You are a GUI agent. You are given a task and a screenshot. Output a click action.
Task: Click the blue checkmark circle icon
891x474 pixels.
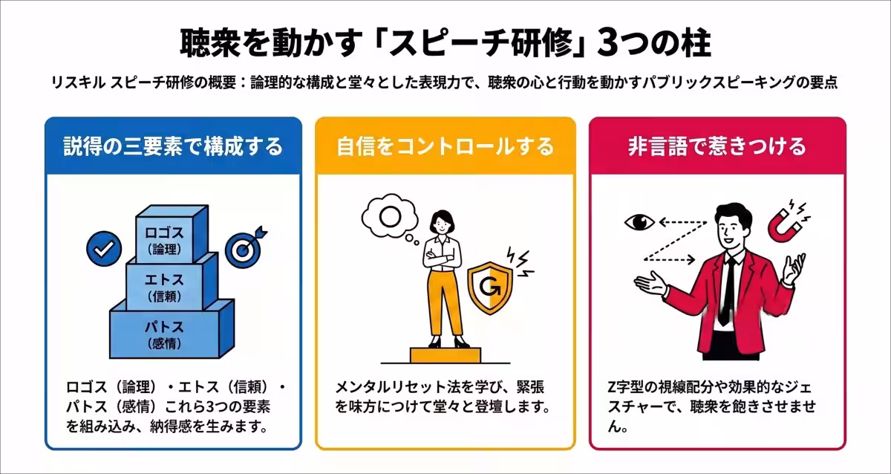click(104, 249)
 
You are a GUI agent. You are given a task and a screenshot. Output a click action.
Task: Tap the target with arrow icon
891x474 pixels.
click(244, 248)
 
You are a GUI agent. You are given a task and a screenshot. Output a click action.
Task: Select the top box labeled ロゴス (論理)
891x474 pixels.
click(171, 235)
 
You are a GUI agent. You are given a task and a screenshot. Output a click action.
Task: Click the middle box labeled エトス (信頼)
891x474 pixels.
click(172, 282)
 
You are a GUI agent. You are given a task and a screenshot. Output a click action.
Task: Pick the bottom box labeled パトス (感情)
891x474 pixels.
click(172, 331)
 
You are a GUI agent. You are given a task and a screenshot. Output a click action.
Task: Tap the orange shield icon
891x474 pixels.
click(489, 288)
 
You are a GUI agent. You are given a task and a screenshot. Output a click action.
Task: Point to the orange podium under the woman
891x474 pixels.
click(445, 355)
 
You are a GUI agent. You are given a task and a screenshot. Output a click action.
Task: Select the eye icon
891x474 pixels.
click(639, 222)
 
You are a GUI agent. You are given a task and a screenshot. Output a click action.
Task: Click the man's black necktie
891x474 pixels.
click(728, 290)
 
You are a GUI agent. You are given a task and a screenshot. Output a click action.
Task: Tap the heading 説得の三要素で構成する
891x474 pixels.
click(173, 146)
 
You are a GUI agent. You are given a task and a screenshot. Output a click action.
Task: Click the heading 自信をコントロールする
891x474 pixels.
click(445, 146)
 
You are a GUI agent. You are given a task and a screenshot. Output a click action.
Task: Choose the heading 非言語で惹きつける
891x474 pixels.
click(717, 146)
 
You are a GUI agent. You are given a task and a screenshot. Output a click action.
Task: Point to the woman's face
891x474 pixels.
click(442, 226)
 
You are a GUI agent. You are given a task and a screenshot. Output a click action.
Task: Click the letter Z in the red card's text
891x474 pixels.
click(613, 387)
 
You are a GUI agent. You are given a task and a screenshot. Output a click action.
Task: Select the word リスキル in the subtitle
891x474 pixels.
click(79, 82)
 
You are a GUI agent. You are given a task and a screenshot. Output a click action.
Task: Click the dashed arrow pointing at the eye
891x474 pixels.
click(682, 222)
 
